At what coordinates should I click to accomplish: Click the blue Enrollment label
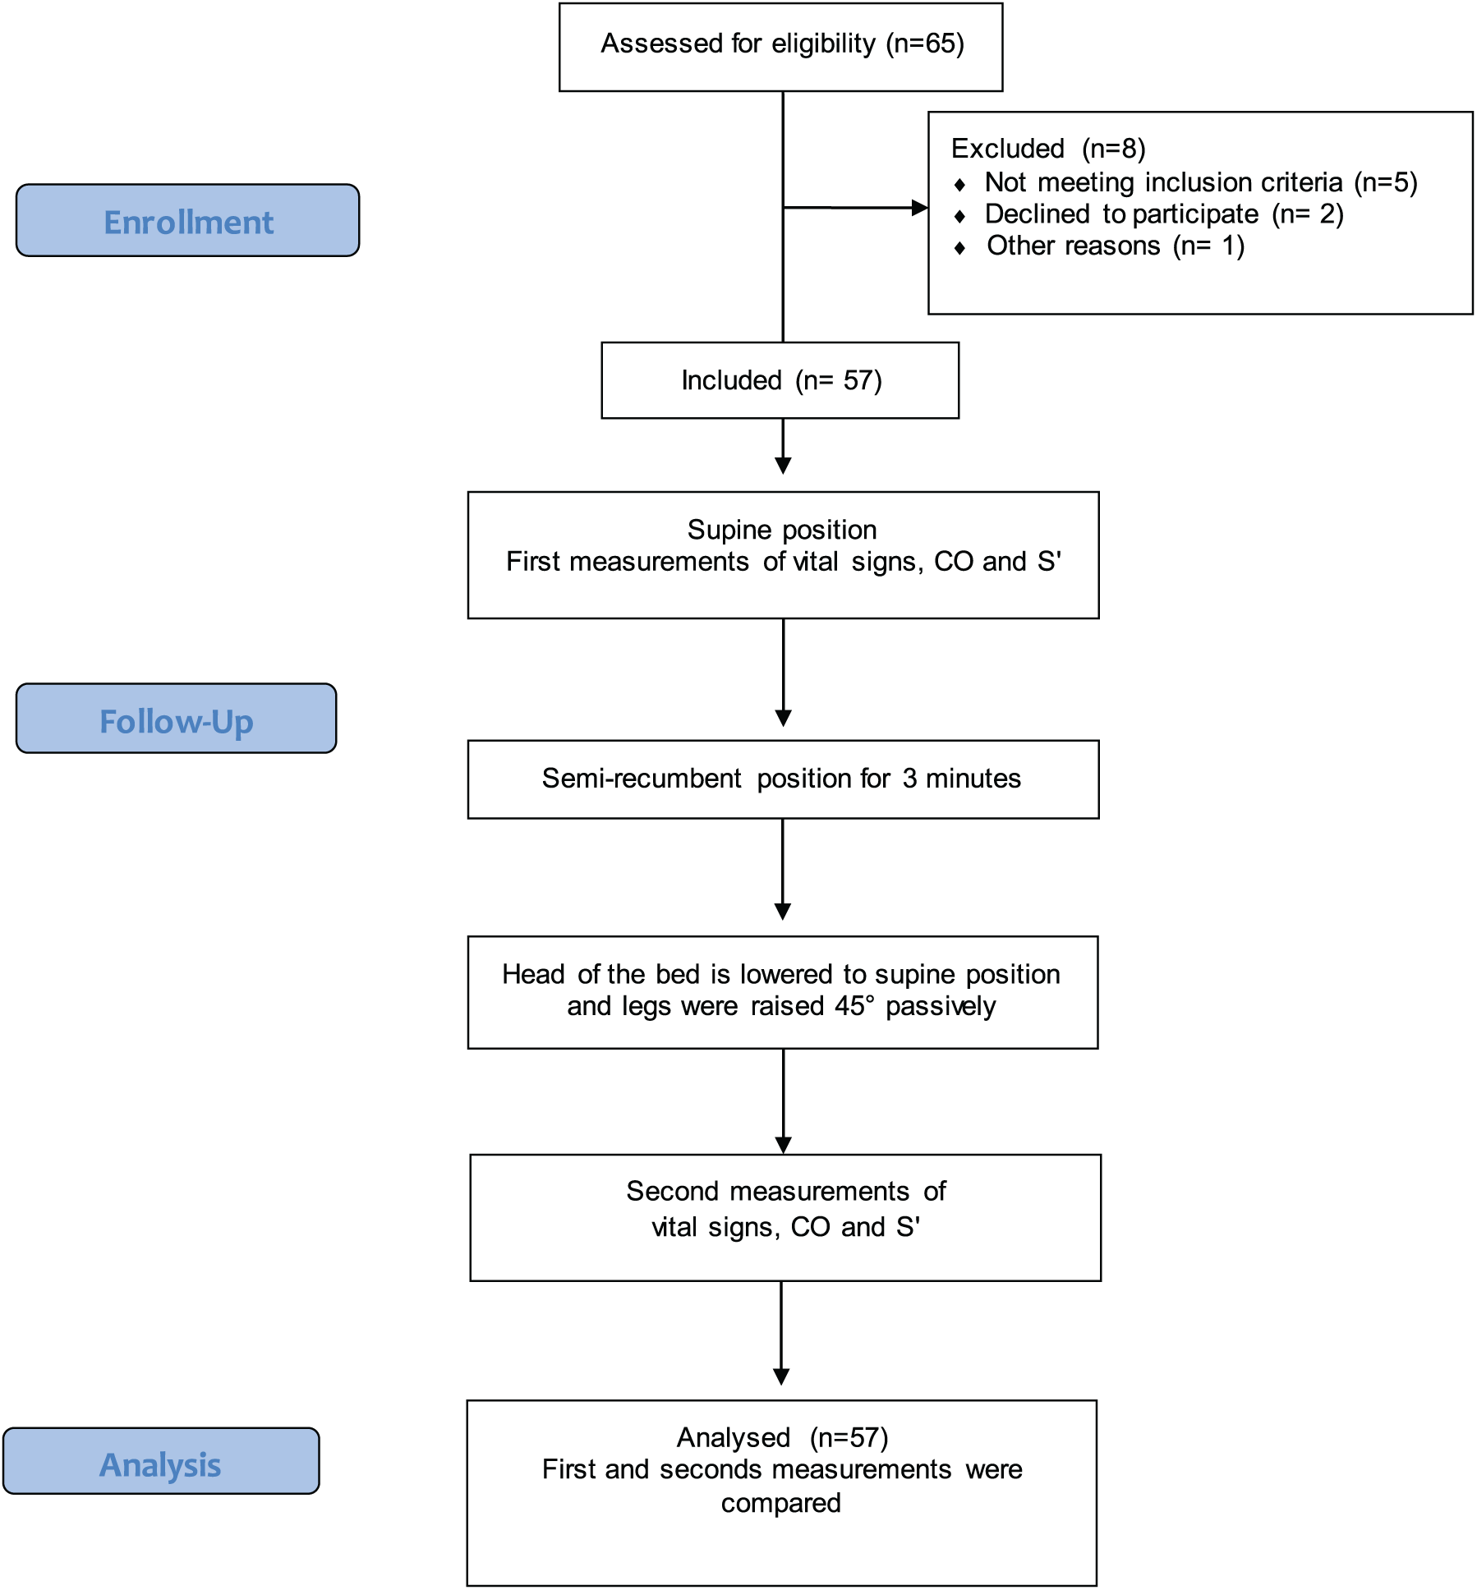pyautogui.click(x=187, y=220)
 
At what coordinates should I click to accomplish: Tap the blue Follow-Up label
pyautogui.click(x=176, y=718)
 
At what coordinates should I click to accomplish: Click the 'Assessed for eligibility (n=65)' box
pyautogui.click(x=780, y=47)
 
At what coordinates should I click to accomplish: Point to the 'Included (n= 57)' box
pyautogui.click(x=780, y=380)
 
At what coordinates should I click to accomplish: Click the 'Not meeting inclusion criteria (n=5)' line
pyautogui.click(x=1201, y=182)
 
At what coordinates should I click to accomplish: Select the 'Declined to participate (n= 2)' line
pyautogui.click(x=1164, y=214)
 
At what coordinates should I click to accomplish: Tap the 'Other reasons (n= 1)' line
pyautogui.click(x=1116, y=246)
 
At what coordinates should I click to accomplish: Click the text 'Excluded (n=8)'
pyautogui.click(x=1048, y=149)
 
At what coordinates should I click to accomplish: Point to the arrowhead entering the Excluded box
pyautogui.click(x=920, y=208)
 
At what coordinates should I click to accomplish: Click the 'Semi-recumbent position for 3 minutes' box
pyautogui.click(x=783, y=779)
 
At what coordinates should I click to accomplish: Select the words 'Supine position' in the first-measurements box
pyautogui.click(x=782, y=531)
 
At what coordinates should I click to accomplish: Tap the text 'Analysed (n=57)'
pyautogui.click(x=782, y=1437)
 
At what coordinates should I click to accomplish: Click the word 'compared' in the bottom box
pyautogui.click(x=780, y=1503)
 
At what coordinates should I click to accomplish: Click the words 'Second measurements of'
pyautogui.click(x=786, y=1191)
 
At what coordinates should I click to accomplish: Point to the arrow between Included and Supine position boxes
pyautogui.click(x=783, y=446)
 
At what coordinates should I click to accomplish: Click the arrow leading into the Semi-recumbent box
pyautogui.click(x=783, y=673)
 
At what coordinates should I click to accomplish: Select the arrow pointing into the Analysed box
pyautogui.click(x=781, y=1333)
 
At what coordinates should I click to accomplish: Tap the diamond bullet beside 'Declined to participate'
pyautogui.click(x=959, y=216)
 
